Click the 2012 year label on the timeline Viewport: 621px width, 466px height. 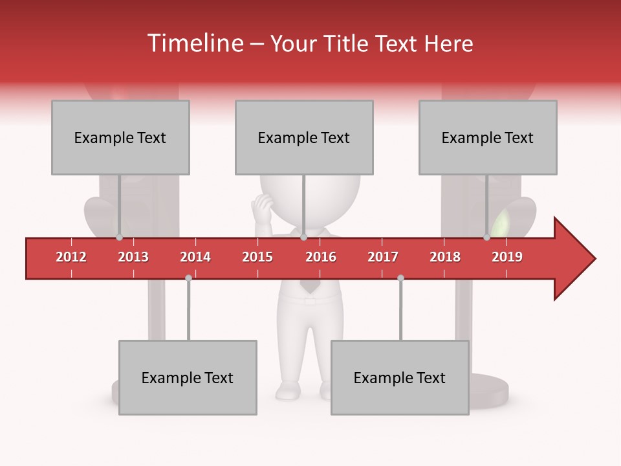71,257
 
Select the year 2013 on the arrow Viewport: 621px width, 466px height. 133,257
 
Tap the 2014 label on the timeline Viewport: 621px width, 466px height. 195,257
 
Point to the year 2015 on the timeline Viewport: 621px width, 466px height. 257,257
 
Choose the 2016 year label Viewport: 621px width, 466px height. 321,257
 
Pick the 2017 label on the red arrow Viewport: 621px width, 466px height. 383,257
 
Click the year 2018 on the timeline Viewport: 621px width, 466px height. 445,257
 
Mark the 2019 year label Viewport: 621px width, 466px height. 507,257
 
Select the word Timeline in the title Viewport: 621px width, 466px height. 194,43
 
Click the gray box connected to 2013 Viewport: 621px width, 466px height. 120,137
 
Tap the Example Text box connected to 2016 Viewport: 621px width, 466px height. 304,137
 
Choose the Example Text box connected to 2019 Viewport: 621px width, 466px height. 488,137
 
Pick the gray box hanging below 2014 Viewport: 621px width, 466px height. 188,377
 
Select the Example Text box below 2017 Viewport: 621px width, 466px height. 400,377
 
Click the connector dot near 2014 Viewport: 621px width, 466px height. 188,278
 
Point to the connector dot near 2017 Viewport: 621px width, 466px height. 400,278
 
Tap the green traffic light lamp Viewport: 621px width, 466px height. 501,224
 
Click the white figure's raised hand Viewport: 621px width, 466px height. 262,208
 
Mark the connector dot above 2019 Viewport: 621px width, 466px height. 486,238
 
